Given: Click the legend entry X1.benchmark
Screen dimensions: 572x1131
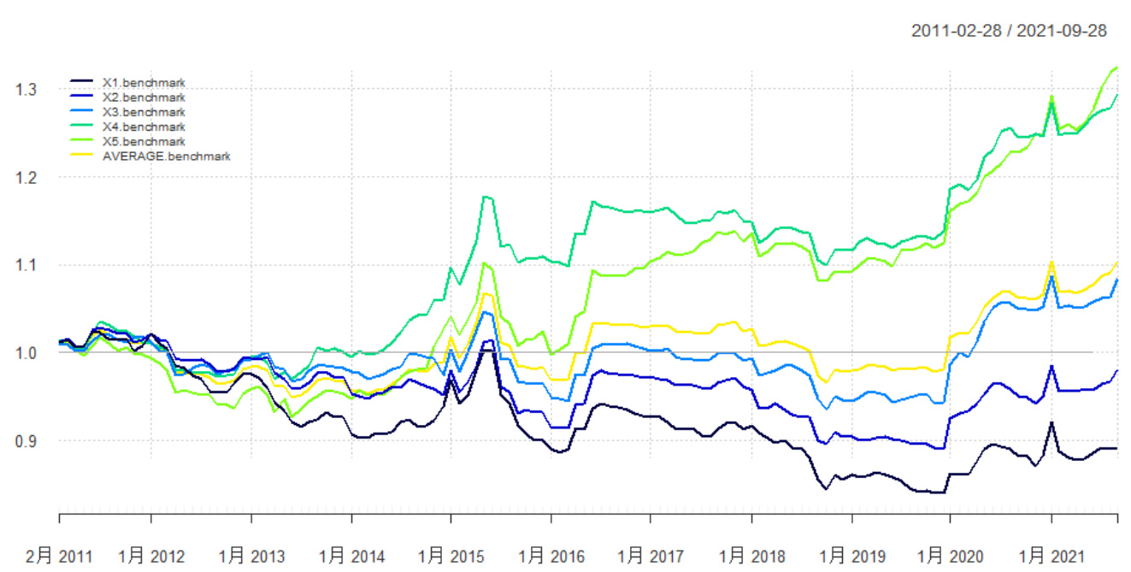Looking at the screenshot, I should (143, 84).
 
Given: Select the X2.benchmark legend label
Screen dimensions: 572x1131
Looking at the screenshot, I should (143, 98).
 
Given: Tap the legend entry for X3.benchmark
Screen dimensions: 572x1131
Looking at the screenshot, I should (143, 113).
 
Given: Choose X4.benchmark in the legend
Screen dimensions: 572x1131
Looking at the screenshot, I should (143, 127).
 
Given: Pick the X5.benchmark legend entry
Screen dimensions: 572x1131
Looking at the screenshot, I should (143, 141).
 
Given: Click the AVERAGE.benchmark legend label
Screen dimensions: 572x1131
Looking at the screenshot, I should (166, 156).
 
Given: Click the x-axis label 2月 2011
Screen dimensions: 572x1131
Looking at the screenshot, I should (59, 557).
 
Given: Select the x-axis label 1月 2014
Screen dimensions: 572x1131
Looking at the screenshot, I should (352, 557).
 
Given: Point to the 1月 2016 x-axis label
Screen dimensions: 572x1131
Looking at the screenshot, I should (551, 557).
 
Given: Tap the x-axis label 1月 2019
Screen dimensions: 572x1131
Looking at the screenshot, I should (851, 557).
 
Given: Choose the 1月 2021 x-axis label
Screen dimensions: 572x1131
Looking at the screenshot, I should (1051, 557).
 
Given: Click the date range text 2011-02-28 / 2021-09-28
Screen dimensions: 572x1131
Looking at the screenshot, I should (1009, 32).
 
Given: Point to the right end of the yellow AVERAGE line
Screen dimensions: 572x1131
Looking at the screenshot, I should (1117, 262).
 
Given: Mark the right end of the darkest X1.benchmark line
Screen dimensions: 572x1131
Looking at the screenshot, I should (1117, 448).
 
